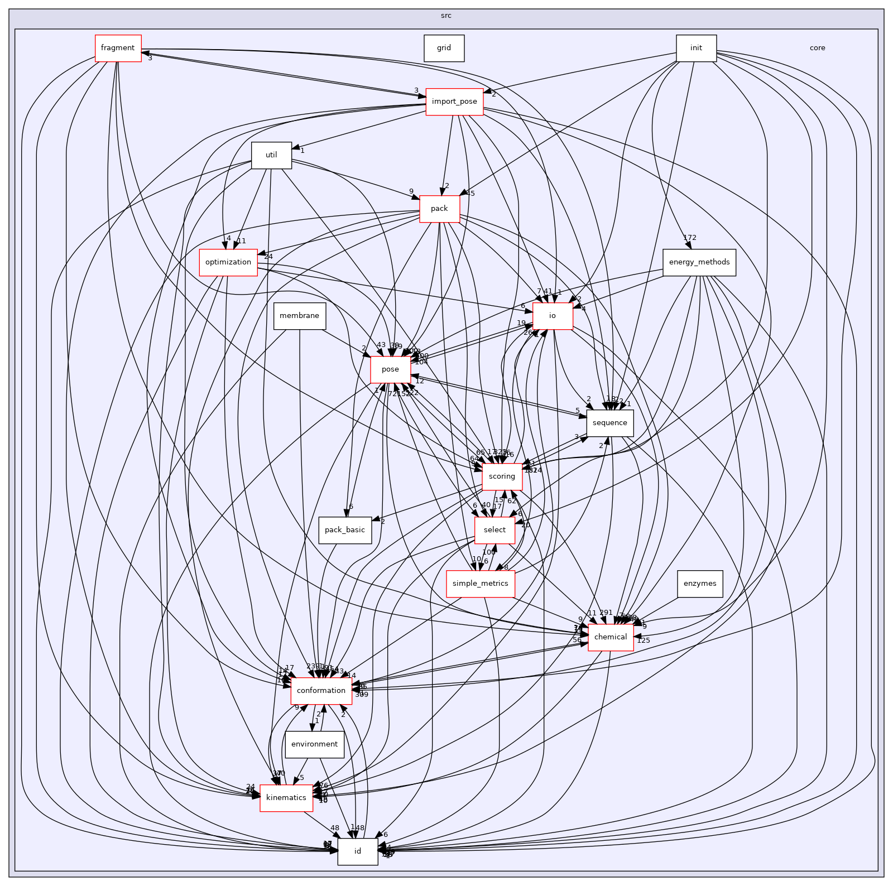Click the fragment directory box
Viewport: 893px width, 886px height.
(x=118, y=48)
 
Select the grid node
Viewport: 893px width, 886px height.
(x=444, y=48)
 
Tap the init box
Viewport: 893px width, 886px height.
(x=696, y=48)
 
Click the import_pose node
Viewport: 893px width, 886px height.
(x=454, y=102)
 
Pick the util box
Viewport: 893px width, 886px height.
(x=271, y=155)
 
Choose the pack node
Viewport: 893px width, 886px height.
(x=439, y=209)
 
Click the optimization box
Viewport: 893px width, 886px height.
(x=228, y=262)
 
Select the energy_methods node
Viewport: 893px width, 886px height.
(x=699, y=262)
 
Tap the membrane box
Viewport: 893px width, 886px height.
(x=299, y=316)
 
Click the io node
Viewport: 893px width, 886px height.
(x=552, y=316)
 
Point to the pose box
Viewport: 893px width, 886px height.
(x=390, y=369)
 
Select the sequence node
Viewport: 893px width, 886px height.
(x=610, y=423)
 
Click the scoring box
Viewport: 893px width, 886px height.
(x=502, y=476)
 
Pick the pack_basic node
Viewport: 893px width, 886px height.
(x=345, y=530)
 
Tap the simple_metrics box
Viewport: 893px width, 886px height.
(x=480, y=584)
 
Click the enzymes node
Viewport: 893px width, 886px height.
(x=700, y=584)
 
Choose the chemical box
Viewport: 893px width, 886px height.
(x=611, y=637)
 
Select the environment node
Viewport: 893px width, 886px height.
(x=314, y=744)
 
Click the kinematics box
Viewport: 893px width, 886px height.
(x=286, y=798)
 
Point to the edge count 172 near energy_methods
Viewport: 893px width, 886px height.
(x=690, y=238)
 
